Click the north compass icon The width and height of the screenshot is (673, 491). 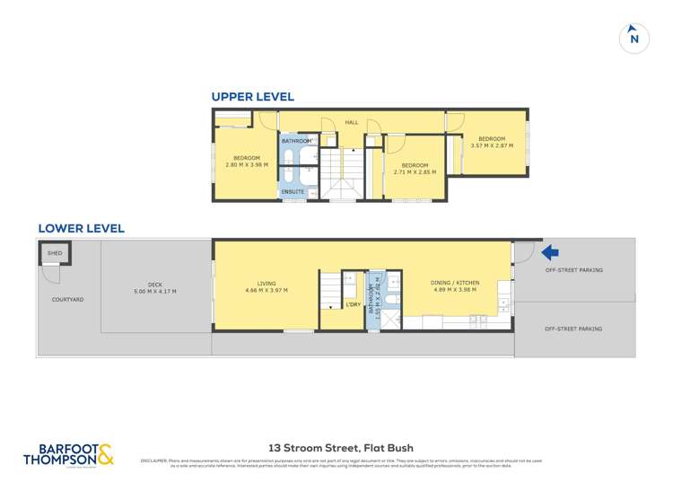tap(634, 38)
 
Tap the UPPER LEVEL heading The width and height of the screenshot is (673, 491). tap(252, 97)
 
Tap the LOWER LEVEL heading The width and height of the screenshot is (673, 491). tap(81, 229)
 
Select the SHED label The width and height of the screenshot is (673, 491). tap(55, 254)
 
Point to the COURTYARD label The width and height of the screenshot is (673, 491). tap(67, 299)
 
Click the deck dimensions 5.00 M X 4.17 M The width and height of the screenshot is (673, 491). tap(154, 292)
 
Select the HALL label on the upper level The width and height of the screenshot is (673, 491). tap(352, 123)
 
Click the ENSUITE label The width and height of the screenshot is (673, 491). tap(293, 192)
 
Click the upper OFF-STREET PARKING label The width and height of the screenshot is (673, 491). tap(573, 270)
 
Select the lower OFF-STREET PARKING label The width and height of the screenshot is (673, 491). tap(573, 329)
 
